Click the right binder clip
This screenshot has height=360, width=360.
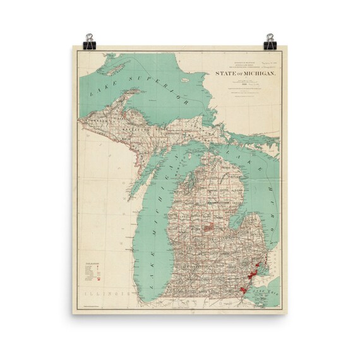[x=271, y=39]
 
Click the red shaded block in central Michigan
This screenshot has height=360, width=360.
[x=208, y=225]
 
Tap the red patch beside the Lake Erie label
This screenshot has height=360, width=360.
[x=246, y=290]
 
